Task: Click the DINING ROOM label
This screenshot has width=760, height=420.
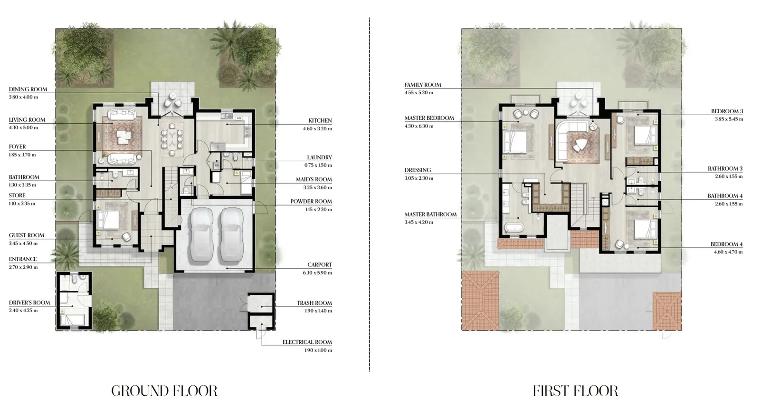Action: point(28,89)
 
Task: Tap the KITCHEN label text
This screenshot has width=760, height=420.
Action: point(320,121)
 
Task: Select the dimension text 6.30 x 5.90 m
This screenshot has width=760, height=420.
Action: point(318,273)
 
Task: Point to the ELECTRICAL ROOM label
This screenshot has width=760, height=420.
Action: point(307,342)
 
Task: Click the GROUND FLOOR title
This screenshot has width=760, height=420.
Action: point(164,391)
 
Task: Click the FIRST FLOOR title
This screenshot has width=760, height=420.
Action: point(575,391)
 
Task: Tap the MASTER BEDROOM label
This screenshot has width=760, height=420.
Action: point(429,118)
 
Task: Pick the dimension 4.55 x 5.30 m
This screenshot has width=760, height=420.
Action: point(418,92)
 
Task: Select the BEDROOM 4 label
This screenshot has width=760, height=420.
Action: point(726,244)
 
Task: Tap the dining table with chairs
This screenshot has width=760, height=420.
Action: point(172,138)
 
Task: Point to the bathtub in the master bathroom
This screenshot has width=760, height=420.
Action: point(513,227)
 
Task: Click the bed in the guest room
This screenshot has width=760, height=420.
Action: point(108,220)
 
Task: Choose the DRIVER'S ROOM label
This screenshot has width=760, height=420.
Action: point(29,303)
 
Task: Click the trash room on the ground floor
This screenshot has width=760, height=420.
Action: point(261,303)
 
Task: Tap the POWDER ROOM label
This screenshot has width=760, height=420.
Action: point(311,202)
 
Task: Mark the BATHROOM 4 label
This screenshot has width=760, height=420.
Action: point(725,196)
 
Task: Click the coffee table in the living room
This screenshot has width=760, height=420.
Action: point(123,137)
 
